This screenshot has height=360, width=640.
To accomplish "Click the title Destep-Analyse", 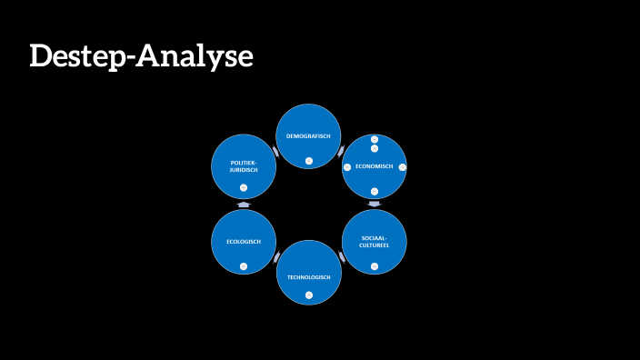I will pyautogui.click(x=141, y=56).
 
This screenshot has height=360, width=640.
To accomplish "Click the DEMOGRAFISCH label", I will pyautogui.click(x=308, y=135).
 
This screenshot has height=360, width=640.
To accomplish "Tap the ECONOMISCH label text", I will pyautogui.click(x=374, y=166).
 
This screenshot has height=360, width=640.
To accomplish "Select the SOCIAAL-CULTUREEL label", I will pyautogui.click(x=374, y=241).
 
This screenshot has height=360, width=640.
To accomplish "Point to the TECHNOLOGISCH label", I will pyautogui.click(x=308, y=276).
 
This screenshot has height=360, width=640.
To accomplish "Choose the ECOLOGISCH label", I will pyautogui.click(x=243, y=241).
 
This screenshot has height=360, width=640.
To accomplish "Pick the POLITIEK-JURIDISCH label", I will pyautogui.click(x=243, y=165).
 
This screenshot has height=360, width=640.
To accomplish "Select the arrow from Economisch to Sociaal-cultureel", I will pyautogui.click(x=374, y=205).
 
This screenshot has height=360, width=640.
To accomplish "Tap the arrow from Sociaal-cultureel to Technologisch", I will pyautogui.click(x=342, y=258).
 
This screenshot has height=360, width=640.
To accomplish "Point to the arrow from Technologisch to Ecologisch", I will pyautogui.click(x=275, y=258).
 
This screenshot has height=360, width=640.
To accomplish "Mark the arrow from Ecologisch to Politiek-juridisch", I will pyautogui.click(x=243, y=205).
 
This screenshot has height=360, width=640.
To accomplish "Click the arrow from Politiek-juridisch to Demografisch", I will pyautogui.click(x=275, y=151).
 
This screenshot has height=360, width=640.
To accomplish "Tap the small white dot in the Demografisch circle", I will pyautogui.click(x=308, y=161).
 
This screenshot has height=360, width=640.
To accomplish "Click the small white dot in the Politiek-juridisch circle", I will pyautogui.click(x=243, y=188).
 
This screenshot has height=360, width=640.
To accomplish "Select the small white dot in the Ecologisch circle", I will pyautogui.click(x=243, y=265).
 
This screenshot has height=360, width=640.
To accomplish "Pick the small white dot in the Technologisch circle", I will pyautogui.click(x=308, y=295).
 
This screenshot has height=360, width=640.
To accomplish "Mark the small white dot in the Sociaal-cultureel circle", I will pyautogui.click(x=374, y=265).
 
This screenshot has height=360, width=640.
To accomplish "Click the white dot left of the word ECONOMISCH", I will pyautogui.click(x=346, y=167).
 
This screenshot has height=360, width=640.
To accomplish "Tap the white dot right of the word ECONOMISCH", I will pyautogui.click(x=402, y=167).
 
